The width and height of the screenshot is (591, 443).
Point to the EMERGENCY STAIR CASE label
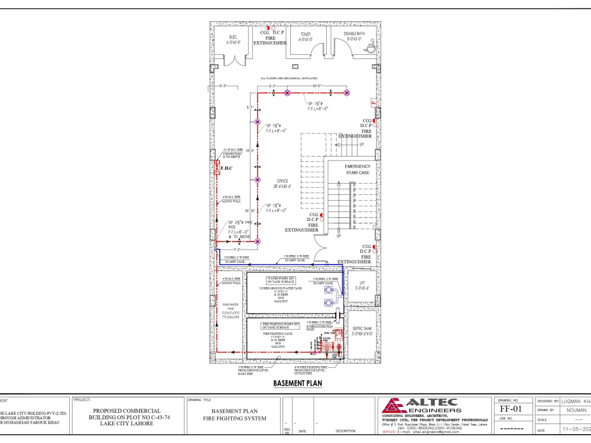click(x=357, y=170)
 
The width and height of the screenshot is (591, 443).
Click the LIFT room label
click(x=362, y=286)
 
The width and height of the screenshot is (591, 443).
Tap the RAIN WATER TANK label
click(x=229, y=311)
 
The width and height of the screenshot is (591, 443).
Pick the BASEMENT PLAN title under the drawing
click(x=297, y=383)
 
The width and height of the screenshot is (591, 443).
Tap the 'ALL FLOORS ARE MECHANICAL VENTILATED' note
click(x=289, y=78)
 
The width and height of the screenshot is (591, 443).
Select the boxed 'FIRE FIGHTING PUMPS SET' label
click(x=281, y=325)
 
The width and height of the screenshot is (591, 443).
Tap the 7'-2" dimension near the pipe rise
click(x=237, y=250)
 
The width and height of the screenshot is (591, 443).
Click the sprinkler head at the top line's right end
click(x=347, y=93)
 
